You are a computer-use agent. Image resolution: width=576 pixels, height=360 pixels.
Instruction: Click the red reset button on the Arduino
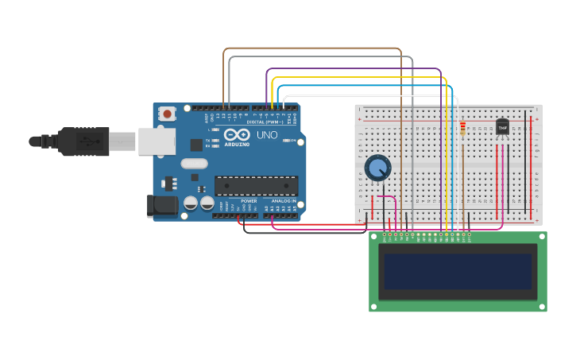167,114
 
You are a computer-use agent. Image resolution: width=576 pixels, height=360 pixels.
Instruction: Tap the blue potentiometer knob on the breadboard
377,168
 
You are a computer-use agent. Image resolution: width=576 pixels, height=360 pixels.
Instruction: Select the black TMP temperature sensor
502,126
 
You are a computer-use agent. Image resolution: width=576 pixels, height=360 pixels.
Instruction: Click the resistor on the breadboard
463,128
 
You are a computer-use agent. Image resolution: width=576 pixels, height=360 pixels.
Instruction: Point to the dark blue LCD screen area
457,271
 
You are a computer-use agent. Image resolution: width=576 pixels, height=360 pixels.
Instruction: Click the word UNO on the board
267,135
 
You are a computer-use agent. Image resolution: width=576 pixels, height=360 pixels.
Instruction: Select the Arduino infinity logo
237,134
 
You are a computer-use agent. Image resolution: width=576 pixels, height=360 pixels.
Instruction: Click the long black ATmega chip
256,185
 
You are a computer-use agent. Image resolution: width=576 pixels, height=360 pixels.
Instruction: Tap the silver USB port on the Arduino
157,141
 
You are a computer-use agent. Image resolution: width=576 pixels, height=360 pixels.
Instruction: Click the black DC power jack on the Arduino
162,206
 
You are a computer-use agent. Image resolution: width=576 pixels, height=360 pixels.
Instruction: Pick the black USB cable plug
83,141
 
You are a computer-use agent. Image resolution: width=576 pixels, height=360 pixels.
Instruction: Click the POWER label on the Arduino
249,201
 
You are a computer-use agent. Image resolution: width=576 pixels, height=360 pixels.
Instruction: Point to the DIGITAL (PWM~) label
265,122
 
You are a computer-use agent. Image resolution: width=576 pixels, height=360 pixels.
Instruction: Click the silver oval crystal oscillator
194,164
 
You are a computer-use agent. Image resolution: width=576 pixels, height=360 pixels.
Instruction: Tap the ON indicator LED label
292,141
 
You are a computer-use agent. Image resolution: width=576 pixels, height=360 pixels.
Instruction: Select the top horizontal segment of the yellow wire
358,78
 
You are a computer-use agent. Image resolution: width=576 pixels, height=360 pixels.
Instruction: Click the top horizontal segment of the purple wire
354,68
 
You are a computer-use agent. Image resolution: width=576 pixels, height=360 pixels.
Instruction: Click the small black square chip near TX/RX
196,145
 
